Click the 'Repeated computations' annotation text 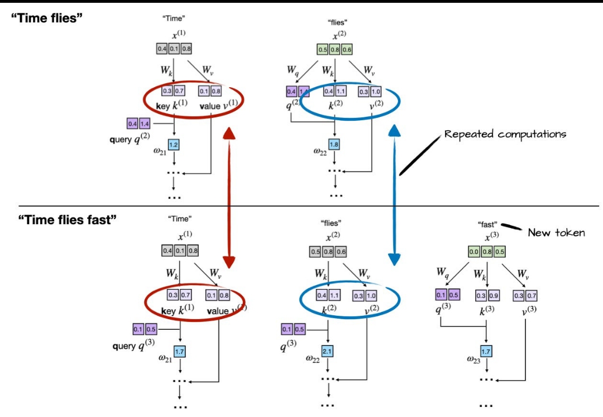[505, 134]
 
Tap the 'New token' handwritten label [556, 233]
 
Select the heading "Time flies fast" [68, 220]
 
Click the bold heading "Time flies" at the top [47, 18]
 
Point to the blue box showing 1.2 [173, 145]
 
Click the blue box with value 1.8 [334, 145]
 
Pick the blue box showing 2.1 [328, 352]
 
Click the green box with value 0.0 [474, 252]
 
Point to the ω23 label [474, 359]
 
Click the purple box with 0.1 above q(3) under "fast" [439, 295]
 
